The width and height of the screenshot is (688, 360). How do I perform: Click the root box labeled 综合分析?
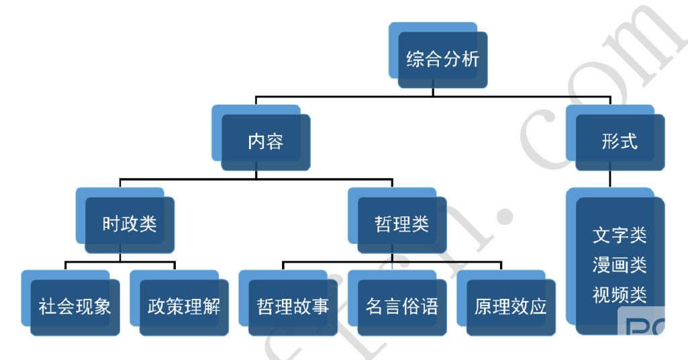[442, 59]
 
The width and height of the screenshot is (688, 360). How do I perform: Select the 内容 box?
[266, 142]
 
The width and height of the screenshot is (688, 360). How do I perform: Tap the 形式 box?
[620, 142]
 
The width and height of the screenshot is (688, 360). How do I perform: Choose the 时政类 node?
[130, 224]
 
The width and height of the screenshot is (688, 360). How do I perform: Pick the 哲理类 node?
[401, 224]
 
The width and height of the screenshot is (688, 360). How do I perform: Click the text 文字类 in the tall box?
[620, 235]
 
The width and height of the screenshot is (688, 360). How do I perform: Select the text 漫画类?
[620, 265]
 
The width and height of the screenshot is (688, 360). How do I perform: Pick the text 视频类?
[620, 294]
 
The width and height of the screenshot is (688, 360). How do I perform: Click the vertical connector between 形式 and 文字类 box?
[610, 179]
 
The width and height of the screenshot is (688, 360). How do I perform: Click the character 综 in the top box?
[415, 59]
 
